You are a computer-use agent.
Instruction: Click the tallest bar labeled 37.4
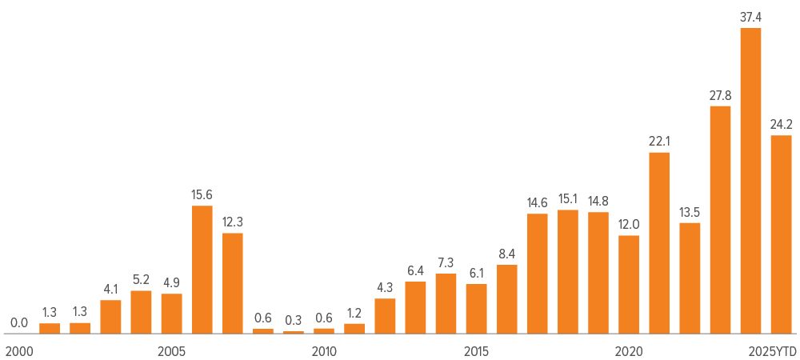(750, 181)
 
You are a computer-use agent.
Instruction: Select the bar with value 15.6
(202, 270)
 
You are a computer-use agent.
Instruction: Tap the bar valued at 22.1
(659, 242)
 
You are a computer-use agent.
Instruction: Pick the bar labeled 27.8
(720, 220)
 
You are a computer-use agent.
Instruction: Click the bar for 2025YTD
(781, 234)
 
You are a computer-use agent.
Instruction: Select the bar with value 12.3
(232, 283)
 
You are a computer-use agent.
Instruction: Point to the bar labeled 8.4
(506, 298)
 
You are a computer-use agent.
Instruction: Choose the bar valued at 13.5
(690, 278)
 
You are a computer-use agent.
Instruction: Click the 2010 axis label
(324, 351)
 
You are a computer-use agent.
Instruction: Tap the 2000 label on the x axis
(19, 351)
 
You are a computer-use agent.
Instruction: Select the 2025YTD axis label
(773, 351)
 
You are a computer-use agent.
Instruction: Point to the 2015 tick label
(476, 351)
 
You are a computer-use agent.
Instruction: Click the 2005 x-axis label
(171, 351)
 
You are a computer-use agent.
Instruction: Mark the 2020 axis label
(629, 351)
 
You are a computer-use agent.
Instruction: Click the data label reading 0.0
(19, 323)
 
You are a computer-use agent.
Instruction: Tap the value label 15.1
(568, 198)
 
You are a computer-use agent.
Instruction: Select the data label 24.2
(781, 124)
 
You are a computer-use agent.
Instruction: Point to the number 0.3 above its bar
(294, 320)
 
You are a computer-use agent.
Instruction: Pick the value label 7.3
(446, 262)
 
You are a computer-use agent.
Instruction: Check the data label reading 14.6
(537, 202)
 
